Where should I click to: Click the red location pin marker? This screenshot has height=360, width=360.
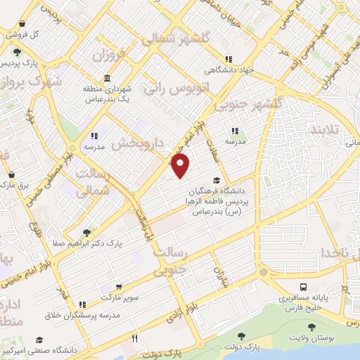point(181,167)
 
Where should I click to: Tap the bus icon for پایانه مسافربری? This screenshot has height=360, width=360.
point(303,287)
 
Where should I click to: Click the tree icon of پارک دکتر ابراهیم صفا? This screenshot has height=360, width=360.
point(86,233)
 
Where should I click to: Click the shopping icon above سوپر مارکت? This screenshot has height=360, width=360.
point(119,287)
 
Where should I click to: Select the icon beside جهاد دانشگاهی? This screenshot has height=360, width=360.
point(227,59)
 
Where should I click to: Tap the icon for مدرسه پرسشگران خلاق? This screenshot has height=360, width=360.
point(82,304)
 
